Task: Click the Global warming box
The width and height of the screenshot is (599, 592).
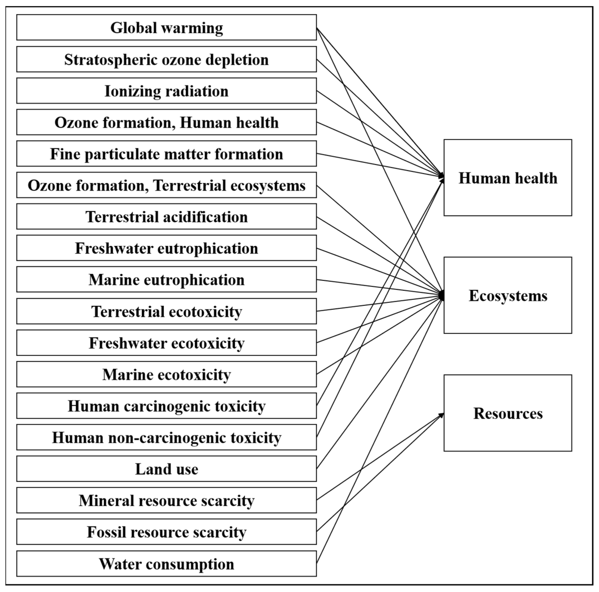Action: pyautogui.click(x=166, y=27)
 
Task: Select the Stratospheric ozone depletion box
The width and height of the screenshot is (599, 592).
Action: pyautogui.click(x=166, y=59)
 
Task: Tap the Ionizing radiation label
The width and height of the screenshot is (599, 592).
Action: pyautogui.click(x=166, y=91)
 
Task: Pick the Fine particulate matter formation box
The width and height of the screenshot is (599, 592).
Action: pyautogui.click(x=166, y=154)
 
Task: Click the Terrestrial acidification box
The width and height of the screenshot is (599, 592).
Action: pyautogui.click(x=166, y=217)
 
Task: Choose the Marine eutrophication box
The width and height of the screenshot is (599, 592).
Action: pyautogui.click(x=166, y=280)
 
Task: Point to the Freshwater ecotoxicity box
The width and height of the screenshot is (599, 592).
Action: pyautogui.click(x=166, y=343)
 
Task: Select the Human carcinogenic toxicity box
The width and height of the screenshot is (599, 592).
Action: pyautogui.click(x=166, y=406)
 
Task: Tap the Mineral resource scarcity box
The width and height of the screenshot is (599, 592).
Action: pyautogui.click(x=166, y=501)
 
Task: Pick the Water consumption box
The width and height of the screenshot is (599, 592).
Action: pyautogui.click(x=166, y=564)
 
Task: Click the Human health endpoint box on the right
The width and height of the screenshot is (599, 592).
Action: pyautogui.click(x=507, y=178)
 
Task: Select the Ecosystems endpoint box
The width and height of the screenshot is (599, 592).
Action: pyautogui.click(x=507, y=295)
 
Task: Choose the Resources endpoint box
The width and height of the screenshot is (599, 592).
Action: pyautogui.click(x=507, y=413)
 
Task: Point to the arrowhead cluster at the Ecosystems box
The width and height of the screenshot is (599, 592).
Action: pyautogui.click(x=441, y=296)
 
